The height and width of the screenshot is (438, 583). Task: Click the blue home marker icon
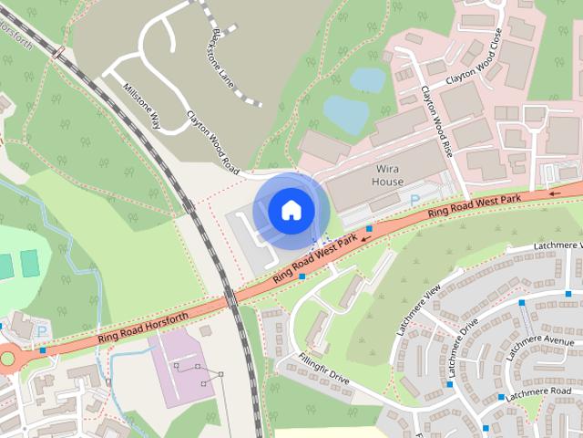[291, 211]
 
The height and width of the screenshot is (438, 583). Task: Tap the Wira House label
[387, 175]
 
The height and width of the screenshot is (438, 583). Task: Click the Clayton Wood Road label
[212, 142]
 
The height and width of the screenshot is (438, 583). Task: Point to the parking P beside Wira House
[415, 198]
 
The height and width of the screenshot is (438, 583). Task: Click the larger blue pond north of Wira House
[346, 112]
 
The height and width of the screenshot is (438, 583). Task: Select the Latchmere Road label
[537, 393]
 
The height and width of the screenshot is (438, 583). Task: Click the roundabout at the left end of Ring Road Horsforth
[7, 358]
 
